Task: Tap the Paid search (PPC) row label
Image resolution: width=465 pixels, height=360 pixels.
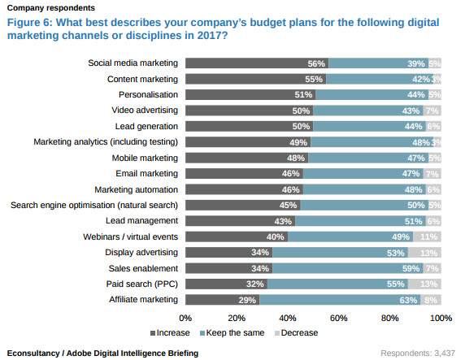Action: [x=141, y=284]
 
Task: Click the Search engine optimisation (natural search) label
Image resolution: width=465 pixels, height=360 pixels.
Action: [x=93, y=205]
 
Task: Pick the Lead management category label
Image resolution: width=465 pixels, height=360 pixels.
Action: [x=141, y=220]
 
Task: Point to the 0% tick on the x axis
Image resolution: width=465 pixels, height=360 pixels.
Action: [x=185, y=318]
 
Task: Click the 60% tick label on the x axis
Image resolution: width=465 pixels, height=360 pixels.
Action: [x=339, y=318]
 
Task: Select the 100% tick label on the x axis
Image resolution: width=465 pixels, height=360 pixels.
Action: [x=440, y=318]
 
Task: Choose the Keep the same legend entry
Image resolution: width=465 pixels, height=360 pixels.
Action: [x=234, y=332]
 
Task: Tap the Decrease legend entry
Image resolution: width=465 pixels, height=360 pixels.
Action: [x=297, y=332]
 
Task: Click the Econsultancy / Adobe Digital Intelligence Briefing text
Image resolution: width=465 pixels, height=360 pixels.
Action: [x=102, y=353]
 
